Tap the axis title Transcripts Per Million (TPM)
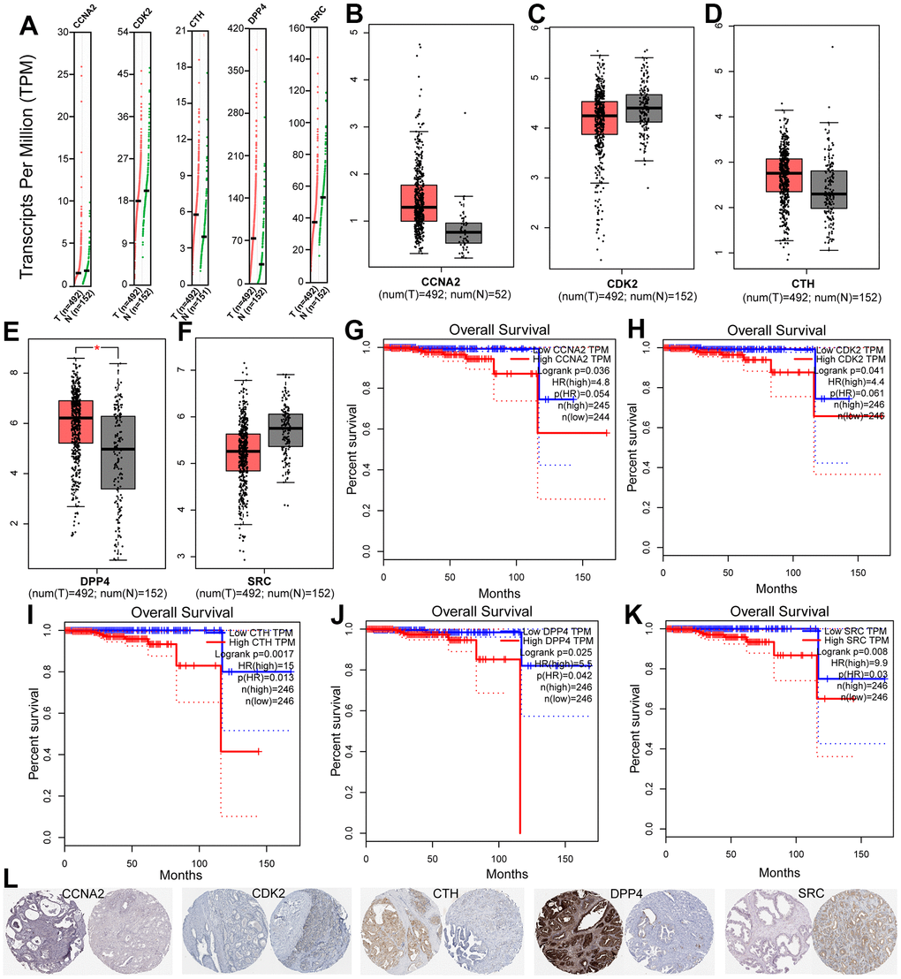pyautogui.click(x=27, y=167)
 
